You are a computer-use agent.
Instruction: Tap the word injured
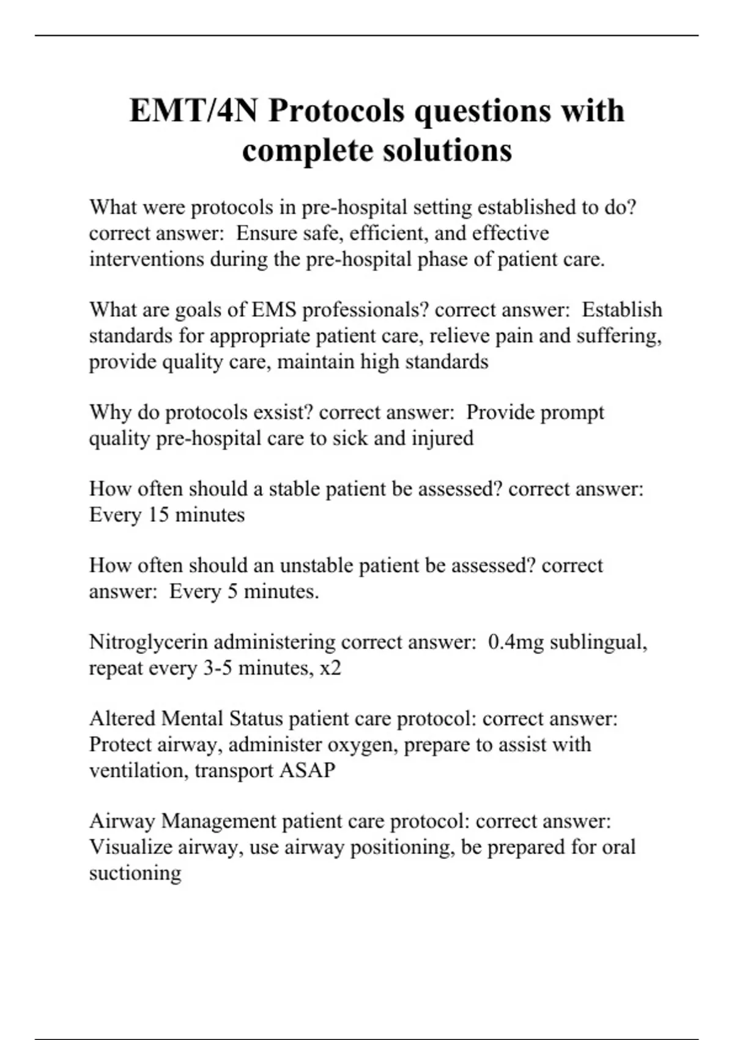click(442, 439)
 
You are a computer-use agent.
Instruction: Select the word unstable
click(316, 565)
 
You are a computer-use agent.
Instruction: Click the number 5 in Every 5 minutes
click(232, 592)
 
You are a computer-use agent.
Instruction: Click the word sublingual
click(598, 642)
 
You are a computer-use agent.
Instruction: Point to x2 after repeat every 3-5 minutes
click(330, 668)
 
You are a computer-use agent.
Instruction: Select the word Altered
click(122, 718)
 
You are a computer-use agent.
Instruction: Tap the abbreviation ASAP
click(307, 770)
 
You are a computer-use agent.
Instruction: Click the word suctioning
click(135, 873)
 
